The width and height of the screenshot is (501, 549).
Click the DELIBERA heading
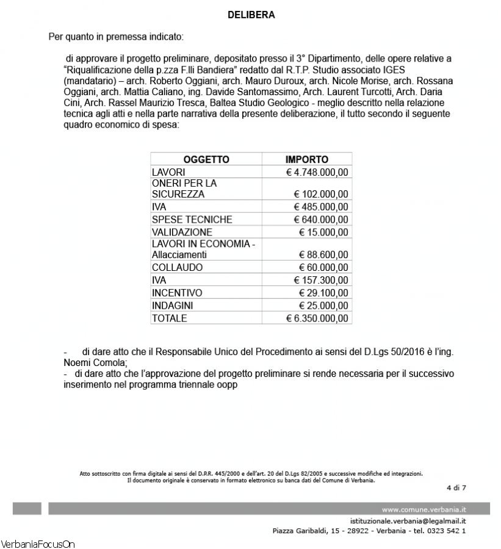[251, 15]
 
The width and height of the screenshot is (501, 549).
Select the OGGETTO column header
[206, 160]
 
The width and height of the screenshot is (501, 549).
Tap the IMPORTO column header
[307, 160]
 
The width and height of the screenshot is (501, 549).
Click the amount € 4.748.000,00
[317, 173]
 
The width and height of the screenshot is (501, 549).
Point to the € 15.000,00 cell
[323, 232]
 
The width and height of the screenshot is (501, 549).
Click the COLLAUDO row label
[177, 267]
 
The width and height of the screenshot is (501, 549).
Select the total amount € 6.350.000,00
[317, 318]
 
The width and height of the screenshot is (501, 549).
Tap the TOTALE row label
[169, 318]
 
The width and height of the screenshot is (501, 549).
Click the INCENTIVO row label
[176, 293]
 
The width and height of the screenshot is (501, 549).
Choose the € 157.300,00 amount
[322, 280]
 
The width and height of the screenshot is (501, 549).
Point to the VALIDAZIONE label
[182, 232]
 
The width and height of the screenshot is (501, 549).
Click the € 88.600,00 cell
[323, 255]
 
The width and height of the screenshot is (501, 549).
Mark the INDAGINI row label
[175, 306]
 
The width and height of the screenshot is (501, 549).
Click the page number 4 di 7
[456, 487]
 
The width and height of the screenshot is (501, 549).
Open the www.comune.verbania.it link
[424, 509]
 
